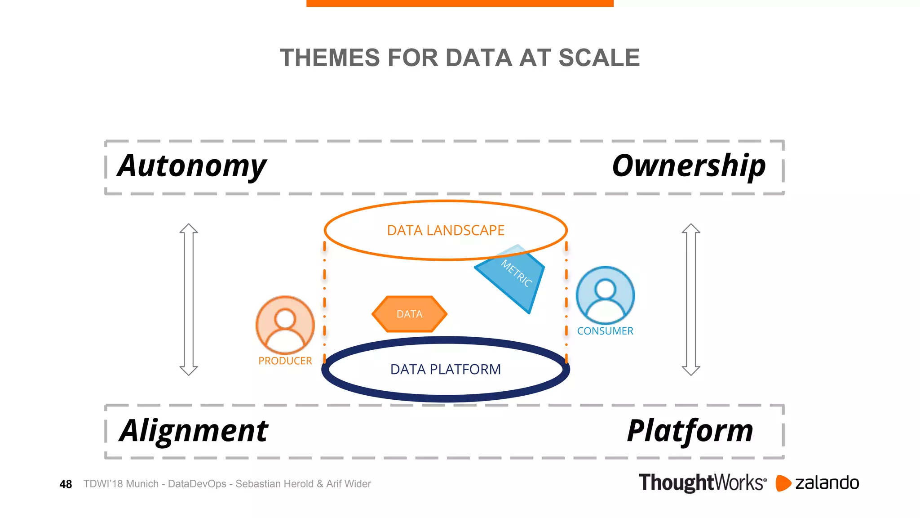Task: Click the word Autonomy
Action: coord(192,166)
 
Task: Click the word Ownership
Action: coord(689,166)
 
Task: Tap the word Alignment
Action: coord(194,431)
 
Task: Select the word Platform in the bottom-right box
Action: coord(690,431)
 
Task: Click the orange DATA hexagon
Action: coord(409,314)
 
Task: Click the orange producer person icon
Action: coord(285,324)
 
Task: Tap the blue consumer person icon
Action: coord(605,295)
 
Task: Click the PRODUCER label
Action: coord(285,361)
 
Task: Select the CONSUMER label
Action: coord(605,331)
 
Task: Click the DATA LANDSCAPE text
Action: coord(446,230)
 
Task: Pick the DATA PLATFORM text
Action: coord(446,369)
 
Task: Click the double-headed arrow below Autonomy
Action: coord(189,299)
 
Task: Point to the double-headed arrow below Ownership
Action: coord(691,299)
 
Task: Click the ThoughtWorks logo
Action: coord(702,482)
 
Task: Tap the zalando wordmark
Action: coord(827,483)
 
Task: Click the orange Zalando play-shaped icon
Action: coord(783,483)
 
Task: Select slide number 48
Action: coord(66,484)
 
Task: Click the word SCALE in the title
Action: coord(599,58)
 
